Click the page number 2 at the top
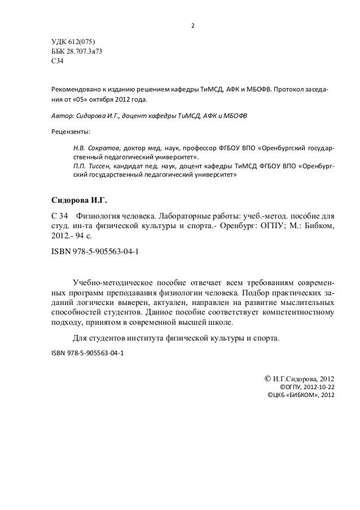coord(193,26)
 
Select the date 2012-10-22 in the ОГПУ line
coord(317,387)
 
